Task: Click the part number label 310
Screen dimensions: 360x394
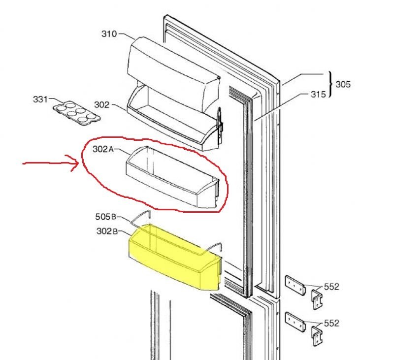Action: pyautogui.click(x=109, y=34)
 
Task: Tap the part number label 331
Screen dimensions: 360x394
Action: pyautogui.click(x=40, y=99)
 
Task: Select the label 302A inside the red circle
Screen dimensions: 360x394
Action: pyautogui.click(x=103, y=149)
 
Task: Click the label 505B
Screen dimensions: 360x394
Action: pyautogui.click(x=105, y=216)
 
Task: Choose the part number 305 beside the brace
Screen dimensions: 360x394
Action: pyautogui.click(x=343, y=84)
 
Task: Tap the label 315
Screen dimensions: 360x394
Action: pyautogui.click(x=318, y=94)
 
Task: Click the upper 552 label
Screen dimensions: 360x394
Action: pyautogui.click(x=331, y=287)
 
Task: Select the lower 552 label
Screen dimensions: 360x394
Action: pyautogui.click(x=331, y=323)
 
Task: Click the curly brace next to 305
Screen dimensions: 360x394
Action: pyautogui.click(x=329, y=84)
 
